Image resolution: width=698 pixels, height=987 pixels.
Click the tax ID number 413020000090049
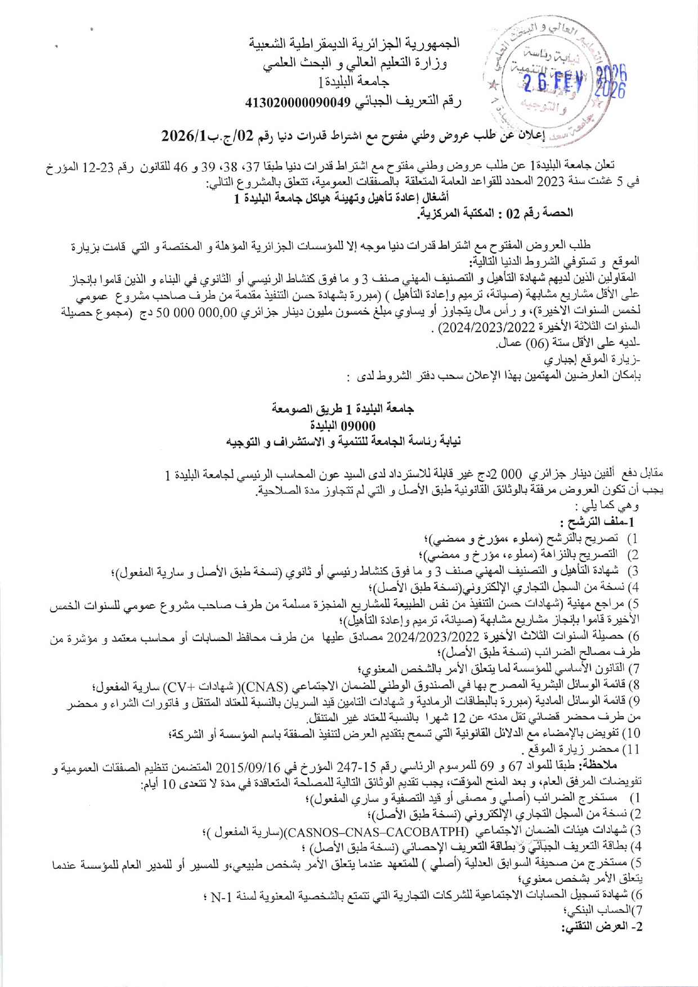(x=298, y=102)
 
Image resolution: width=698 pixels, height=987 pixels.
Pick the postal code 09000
(x=359, y=425)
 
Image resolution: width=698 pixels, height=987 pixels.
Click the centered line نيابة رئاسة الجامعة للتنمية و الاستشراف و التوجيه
(x=343, y=442)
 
